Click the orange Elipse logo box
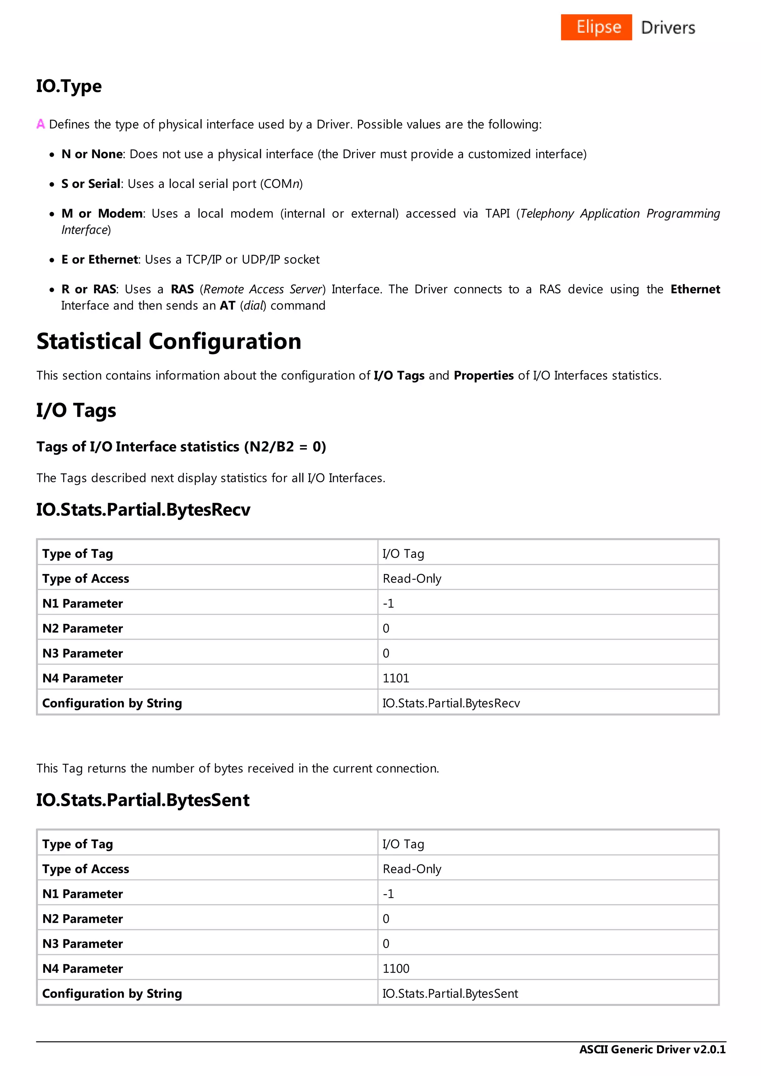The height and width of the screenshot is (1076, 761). pos(596,27)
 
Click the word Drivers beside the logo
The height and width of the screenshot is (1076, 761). pos(668,27)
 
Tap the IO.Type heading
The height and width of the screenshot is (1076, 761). pos(69,86)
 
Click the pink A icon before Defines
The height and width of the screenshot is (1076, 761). pos(41,124)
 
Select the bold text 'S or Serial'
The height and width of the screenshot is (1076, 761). pos(91,184)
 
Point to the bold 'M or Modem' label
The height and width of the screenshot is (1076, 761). pos(102,214)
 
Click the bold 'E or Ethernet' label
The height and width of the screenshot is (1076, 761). pos(100,260)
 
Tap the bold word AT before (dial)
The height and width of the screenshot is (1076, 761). pos(227,306)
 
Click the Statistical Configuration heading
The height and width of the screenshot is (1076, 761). pos(169,341)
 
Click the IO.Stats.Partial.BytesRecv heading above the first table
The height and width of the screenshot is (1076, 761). pos(143,510)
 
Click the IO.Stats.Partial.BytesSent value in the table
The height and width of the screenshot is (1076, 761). pos(450,994)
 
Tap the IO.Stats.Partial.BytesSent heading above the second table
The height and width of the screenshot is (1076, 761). pos(143,800)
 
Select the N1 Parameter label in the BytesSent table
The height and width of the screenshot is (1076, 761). pos(82,894)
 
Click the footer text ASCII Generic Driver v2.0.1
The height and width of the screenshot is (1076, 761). pos(652,1049)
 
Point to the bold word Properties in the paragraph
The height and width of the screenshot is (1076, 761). pos(483,376)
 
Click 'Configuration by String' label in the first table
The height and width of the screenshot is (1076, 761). pos(112,704)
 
